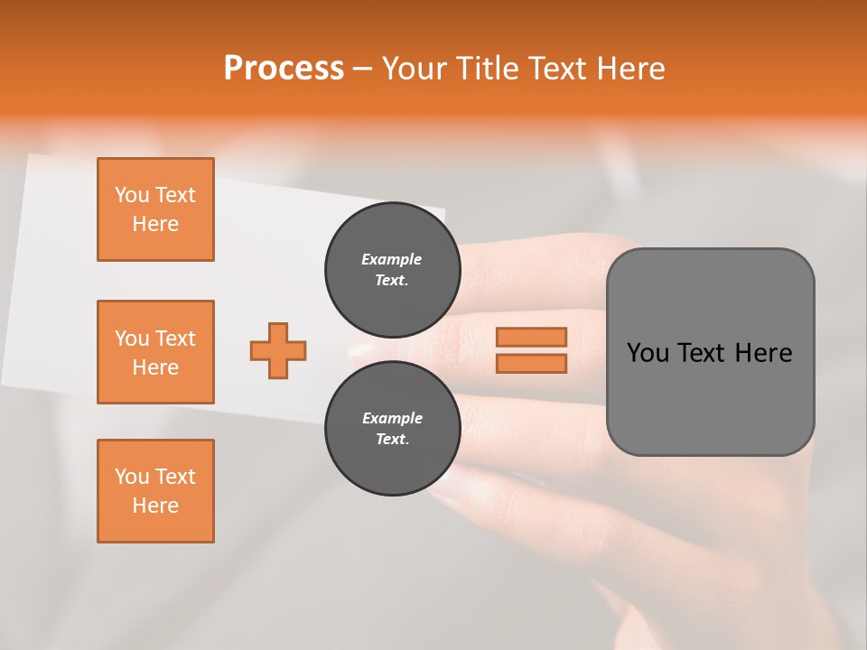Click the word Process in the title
tap(284, 68)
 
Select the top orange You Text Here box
tap(155, 209)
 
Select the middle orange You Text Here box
tap(155, 352)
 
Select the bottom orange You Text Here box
tap(155, 491)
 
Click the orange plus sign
tap(278, 350)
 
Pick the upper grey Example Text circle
tap(393, 270)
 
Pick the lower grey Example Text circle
tap(393, 429)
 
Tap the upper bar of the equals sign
tap(531, 337)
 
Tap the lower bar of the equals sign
tap(531, 364)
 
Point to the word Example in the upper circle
tap(392, 259)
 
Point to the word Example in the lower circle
tap(392, 418)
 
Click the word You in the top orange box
tap(132, 195)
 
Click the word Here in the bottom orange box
tap(155, 506)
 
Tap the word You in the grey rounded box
tap(648, 353)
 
